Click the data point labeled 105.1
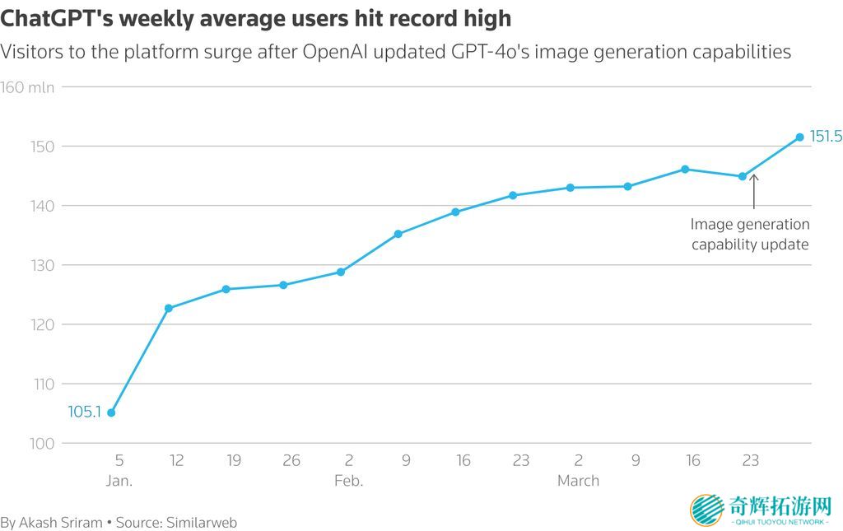pyautogui.click(x=111, y=412)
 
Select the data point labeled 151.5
pyautogui.click(x=799, y=137)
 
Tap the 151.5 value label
pyautogui.click(x=826, y=137)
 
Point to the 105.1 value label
pyautogui.click(x=84, y=412)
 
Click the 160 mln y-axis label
pyautogui.click(x=28, y=87)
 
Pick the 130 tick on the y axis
pyautogui.click(x=43, y=265)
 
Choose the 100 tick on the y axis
pyautogui.click(x=43, y=443)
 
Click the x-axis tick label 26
pyautogui.click(x=291, y=460)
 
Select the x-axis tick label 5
pyautogui.click(x=119, y=460)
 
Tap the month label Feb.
pyautogui.click(x=348, y=480)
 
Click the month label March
pyautogui.click(x=578, y=480)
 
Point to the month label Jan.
pyautogui.click(x=119, y=480)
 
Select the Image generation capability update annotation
pyautogui.click(x=749, y=234)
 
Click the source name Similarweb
pyautogui.click(x=202, y=522)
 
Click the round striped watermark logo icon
pyautogui.click(x=707, y=510)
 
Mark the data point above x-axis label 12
pyautogui.click(x=169, y=308)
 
